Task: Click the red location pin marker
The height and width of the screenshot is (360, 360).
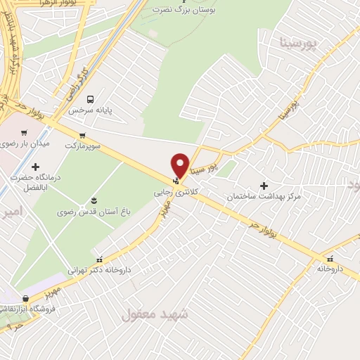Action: click(181, 165)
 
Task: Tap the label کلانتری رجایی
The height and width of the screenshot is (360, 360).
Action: click(172, 191)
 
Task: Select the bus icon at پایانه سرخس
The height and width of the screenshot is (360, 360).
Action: click(89, 99)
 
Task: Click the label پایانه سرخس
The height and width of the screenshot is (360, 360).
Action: click(90, 110)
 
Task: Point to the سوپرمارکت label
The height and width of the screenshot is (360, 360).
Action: click(84, 146)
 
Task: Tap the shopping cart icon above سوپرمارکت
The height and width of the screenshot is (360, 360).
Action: click(83, 136)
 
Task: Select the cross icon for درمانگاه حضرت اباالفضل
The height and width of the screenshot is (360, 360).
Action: click(35, 167)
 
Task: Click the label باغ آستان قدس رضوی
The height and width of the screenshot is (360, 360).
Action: click(95, 212)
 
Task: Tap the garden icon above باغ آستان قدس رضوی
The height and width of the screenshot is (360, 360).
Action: click(94, 201)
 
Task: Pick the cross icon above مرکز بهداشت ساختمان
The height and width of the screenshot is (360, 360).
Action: click(264, 186)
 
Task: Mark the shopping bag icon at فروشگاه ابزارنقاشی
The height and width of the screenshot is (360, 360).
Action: click(26, 297)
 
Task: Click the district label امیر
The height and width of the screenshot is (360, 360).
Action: click(12, 211)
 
